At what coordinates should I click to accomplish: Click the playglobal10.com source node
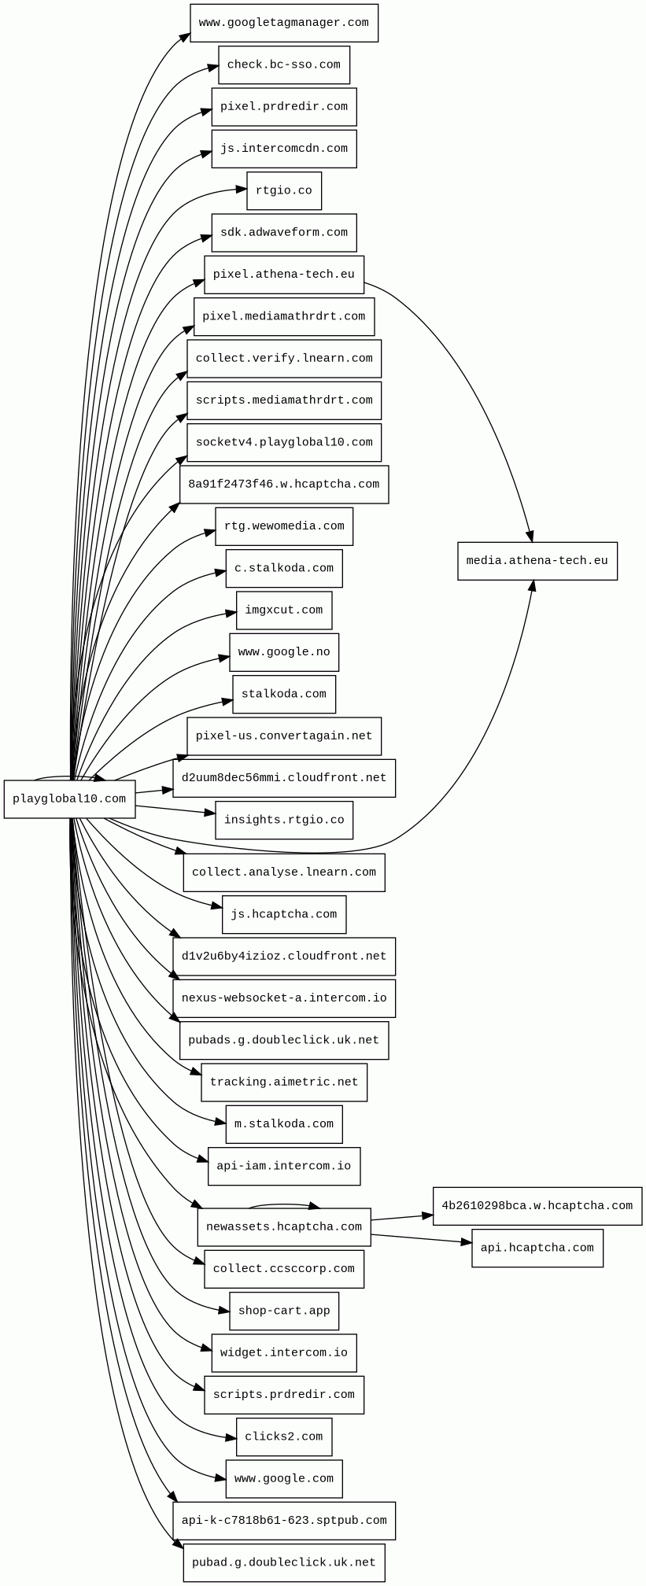coord(69,799)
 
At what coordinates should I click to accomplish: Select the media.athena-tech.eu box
coord(537,561)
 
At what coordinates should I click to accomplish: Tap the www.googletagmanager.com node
coord(284,23)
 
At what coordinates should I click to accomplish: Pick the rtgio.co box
coord(284,191)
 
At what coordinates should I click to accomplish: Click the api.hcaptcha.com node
coord(537,1248)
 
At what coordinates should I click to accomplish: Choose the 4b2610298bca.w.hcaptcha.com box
coord(537,1206)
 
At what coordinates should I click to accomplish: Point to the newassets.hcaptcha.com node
coord(284,1227)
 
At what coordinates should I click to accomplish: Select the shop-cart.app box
coord(284,1311)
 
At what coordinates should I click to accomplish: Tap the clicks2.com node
coord(284,1437)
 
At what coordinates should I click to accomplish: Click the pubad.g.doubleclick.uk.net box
coord(284,1562)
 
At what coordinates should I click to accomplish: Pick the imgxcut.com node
coord(284,610)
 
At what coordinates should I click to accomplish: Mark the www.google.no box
coord(284,652)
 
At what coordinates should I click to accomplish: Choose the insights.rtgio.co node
coord(284,821)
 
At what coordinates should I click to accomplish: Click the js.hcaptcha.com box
coord(284,915)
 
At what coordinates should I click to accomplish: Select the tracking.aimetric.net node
coord(284,1083)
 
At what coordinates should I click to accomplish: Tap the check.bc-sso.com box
coord(284,65)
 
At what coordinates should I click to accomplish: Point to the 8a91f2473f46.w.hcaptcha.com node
coord(284,485)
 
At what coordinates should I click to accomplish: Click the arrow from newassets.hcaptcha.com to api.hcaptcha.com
coord(422,1238)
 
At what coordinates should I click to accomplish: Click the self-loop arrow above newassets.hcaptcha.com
coord(284,1204)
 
